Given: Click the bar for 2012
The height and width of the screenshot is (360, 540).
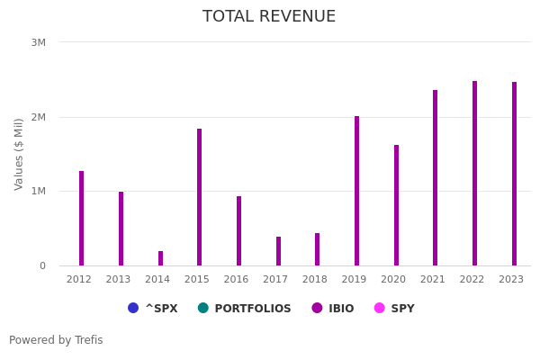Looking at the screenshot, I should (81, 219).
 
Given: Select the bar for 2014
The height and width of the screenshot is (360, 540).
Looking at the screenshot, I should (160, 258).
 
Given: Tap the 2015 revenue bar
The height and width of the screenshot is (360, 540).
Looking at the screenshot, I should (200, 197).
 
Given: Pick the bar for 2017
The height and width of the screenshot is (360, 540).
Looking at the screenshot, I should (278, 251).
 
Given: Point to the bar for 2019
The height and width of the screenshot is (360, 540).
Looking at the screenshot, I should (356, 191).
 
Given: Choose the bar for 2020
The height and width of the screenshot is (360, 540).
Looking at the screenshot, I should (396, 205).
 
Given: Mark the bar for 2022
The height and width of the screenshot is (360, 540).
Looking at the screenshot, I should (475, 174).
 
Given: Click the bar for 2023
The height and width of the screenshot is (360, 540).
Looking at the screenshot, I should (514, 174).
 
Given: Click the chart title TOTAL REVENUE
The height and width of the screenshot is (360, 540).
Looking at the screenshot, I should (269, 16).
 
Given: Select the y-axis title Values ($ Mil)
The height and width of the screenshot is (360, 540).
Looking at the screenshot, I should (19, 154).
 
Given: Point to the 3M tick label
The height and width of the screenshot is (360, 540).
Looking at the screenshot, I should (39, 42).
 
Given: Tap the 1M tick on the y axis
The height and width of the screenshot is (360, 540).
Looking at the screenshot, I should (39, 191).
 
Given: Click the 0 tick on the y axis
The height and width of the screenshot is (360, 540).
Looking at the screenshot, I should (42, 265).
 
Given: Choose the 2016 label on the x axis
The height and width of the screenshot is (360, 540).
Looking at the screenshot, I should (237, 279).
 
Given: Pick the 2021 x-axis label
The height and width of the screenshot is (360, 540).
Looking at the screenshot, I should (433, 279).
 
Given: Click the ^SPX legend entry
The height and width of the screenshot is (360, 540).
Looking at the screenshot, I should (153, 309).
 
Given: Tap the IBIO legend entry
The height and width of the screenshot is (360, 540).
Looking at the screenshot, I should (333, 309).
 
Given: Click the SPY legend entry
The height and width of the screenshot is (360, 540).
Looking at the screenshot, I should (394, 309).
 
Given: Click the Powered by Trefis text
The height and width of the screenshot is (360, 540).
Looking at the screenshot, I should (56, 340).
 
